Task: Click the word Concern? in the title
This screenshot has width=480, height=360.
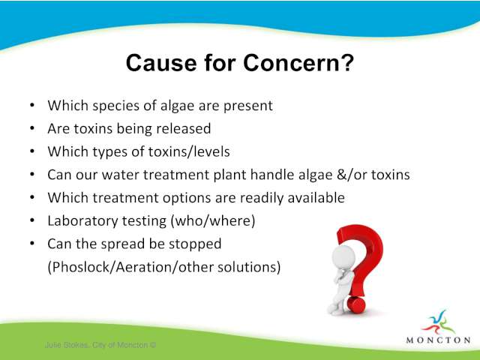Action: (x=298, y=63)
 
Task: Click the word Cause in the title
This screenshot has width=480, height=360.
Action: (x=161, y=63)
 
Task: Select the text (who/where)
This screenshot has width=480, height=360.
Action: (x=212, y=220)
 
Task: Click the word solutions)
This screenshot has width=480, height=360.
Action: (x=249, y=267)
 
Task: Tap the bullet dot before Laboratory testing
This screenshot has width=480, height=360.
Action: (x=32, y=220)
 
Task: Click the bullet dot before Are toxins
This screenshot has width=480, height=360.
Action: (x=32, y=128)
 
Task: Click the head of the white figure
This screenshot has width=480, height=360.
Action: (x=343, y=256)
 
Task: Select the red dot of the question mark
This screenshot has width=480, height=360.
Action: (x=356, y=304)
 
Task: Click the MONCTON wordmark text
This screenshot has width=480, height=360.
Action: (x=438, y=340)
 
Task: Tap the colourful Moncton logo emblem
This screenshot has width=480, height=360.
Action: (x=438, y=322)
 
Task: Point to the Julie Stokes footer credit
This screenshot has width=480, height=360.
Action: (x=100, y=345)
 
